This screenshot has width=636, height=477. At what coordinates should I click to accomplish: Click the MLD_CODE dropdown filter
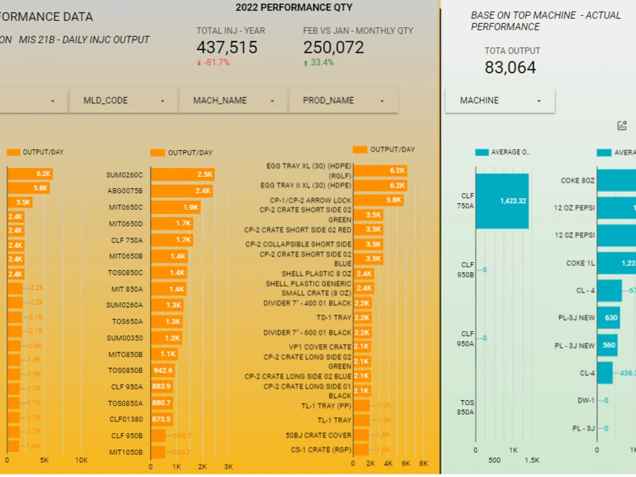pos(123,100)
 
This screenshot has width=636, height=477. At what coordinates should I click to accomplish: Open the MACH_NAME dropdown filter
pos(233,100)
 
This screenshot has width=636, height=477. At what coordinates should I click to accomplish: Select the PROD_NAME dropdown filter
pos(343,100)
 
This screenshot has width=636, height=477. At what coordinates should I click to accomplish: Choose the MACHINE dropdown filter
pos(500,100)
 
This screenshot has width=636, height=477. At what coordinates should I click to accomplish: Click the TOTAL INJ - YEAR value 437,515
pos(226,48)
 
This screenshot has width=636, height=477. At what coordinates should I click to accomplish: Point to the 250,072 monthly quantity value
pos(333,48)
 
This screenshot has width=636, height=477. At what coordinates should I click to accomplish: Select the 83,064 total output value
pos(510,68)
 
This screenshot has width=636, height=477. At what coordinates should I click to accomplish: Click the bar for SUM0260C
pos(182,175)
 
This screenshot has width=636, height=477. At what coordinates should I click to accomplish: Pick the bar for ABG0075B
pos(181,191)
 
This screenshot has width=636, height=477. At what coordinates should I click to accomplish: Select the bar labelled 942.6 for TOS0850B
pos(163,370)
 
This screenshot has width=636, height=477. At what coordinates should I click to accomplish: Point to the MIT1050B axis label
pos(126,452)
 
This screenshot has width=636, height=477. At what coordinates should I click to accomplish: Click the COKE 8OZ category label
pos(577,181)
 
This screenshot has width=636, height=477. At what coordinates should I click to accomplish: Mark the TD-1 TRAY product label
pos(333,318)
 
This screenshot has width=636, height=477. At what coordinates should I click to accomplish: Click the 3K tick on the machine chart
pos(228,467)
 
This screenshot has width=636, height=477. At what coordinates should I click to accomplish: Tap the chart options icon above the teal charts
pos(622,126)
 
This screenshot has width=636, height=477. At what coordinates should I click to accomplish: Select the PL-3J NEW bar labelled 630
pos(608,318)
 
